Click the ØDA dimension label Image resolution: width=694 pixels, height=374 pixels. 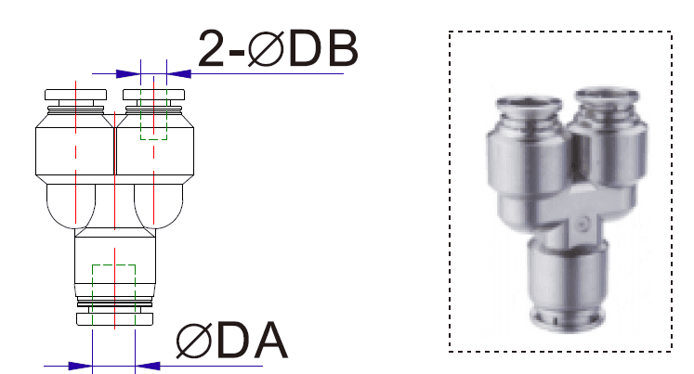232,342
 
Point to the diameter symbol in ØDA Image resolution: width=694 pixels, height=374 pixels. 193,342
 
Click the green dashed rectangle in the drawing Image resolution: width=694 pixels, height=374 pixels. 152,131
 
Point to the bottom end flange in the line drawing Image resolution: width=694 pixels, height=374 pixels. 114,319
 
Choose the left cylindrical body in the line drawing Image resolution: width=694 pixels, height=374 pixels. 74,151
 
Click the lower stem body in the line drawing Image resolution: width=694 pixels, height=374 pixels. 114,264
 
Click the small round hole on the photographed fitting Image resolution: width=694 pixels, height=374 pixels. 581,224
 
